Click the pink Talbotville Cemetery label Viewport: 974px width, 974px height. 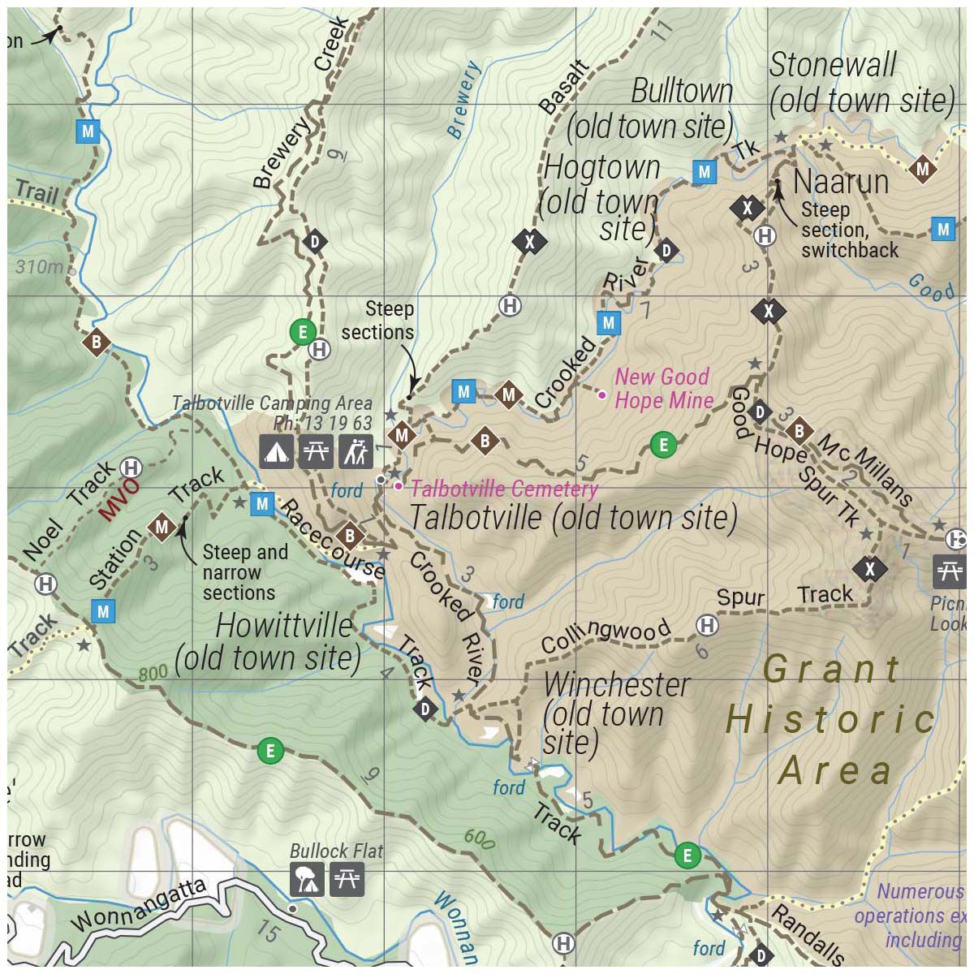pos(504,489)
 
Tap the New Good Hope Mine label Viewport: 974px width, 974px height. pos(663,388)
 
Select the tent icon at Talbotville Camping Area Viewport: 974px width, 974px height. pos(277,452)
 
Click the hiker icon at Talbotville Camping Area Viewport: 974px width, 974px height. pos(356,452)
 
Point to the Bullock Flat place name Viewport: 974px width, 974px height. pos(336,851)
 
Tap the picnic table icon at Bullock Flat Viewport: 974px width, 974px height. pos(347,880)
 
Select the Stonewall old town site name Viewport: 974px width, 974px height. pos(834,66)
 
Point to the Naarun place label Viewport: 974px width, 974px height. pos(841,182)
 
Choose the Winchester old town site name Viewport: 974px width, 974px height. pos(617,685)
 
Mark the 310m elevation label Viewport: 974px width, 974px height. pos(39,266)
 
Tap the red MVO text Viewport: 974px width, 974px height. pos(119,501)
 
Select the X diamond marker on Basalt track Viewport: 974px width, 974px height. pos(529,241)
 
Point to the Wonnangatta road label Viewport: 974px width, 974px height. pos(138,906)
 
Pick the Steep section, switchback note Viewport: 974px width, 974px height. pos(849,230)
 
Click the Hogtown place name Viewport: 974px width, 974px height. pos(601,168)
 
